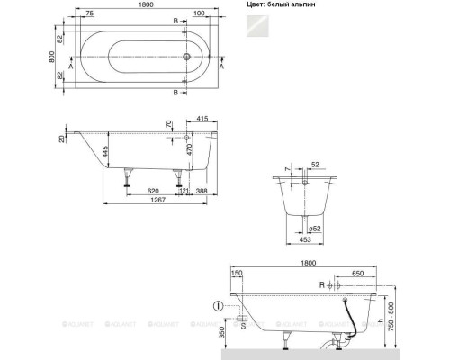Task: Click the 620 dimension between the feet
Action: coord(154,192)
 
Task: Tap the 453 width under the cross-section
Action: coord(306,240)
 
